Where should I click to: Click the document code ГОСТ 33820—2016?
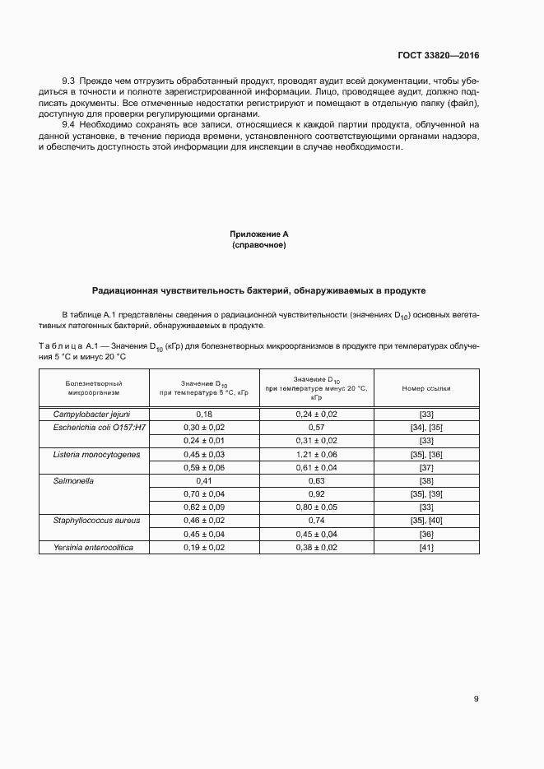coord(437,56)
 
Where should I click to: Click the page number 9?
coord(476,699)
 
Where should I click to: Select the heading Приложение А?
coord(259,234)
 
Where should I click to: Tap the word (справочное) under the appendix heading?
coord(259,245)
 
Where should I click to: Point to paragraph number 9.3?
coord(69,82)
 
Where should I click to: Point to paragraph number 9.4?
coord(69,123)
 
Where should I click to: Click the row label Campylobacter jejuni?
coord(92,414)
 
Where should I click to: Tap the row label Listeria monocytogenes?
coord(97,454)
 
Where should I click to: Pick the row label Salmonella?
coord(75,480)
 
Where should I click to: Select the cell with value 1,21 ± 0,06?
coord(316,454)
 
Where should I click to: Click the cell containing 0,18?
coord(204,414)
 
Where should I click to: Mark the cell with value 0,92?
coord(316,493)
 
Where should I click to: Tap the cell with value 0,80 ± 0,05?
coord(316,507)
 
